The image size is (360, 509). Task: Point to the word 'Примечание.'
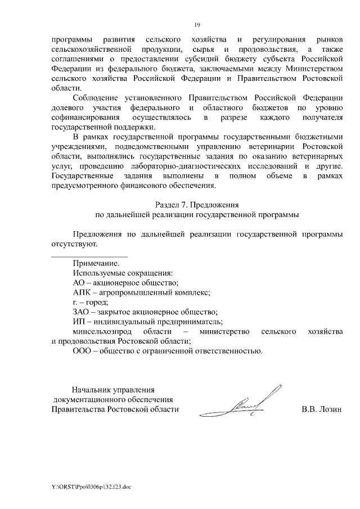[x=96, y=263]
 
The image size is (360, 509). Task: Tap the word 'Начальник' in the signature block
[x=92, y=389]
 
